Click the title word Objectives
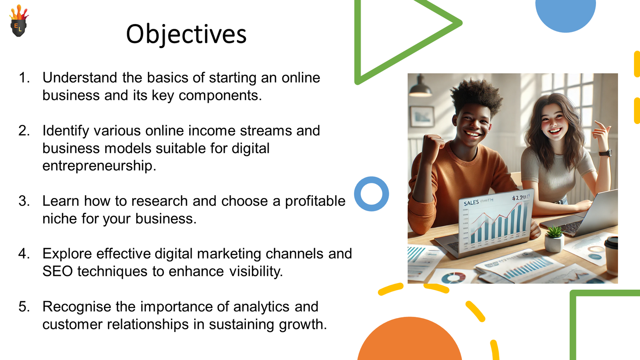click(186, 34)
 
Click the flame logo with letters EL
click(19, 21)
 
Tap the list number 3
click(24, 201)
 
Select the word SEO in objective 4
click(58, 271)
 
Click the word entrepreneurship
click(99, 166)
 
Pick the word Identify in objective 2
click(66, 131)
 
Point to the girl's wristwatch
click(606, 153)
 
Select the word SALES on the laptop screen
click(471, 203)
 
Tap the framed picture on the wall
click(422, 116)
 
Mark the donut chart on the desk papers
click(454, 278)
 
